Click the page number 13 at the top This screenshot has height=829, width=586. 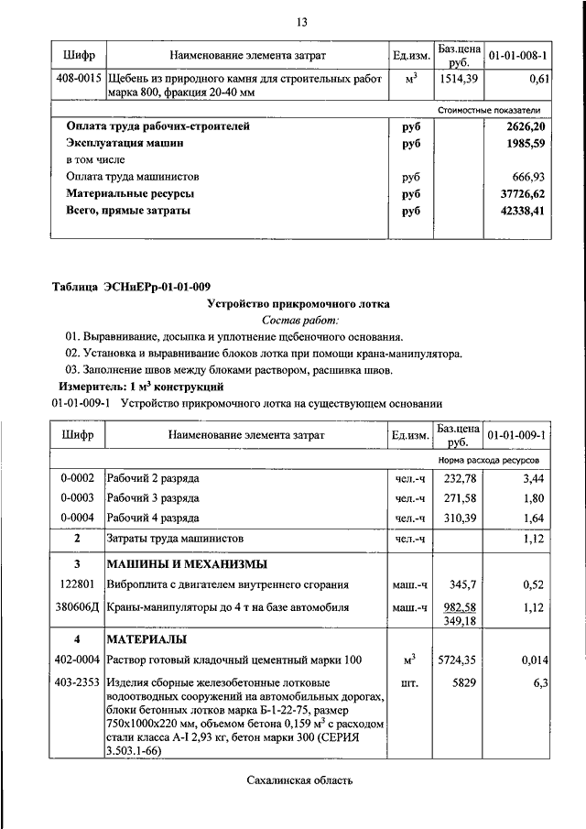(x=300, y=22)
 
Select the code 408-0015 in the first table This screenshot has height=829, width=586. (x=79, y=80)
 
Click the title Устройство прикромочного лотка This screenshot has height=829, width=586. (x=298, y=303)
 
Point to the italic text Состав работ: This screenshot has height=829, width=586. (x=299, y=320)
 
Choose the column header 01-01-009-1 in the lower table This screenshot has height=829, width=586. (x=516, y=434)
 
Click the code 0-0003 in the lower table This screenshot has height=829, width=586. (x=78, y=497)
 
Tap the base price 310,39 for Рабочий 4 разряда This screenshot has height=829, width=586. (x=461, y=517)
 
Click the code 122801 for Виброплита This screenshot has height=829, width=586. (x=78, y=583)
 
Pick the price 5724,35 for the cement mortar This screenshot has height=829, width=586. (x=459, y=659)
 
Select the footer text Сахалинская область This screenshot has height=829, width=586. (x=299, y=780)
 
